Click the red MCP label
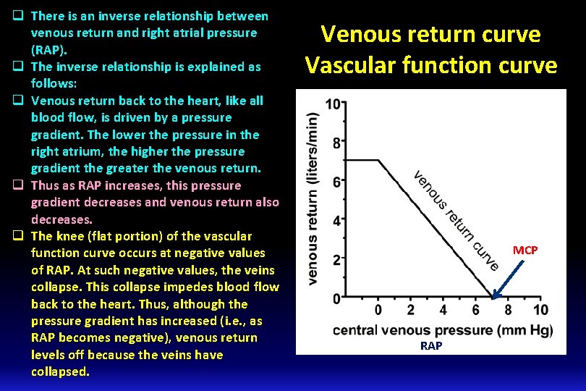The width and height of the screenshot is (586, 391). (525, 250)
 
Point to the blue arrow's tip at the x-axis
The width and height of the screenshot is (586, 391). (493, 297)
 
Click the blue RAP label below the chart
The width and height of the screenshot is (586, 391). (431, 346)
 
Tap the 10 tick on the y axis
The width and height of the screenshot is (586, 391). (333, 104)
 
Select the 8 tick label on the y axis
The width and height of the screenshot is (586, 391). (336, 143)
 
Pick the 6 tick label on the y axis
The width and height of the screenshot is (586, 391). (336, 182)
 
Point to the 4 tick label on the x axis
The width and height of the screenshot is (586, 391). (443, 311)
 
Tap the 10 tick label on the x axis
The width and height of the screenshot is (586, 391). (540, 311)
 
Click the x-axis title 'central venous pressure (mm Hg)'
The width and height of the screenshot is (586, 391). (443, 330)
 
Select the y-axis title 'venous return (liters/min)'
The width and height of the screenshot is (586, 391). (313, 198)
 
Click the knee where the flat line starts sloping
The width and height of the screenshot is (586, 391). (379, 160)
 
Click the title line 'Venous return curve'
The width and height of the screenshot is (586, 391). (430, 34)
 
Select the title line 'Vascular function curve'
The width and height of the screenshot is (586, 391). (430, 65)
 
